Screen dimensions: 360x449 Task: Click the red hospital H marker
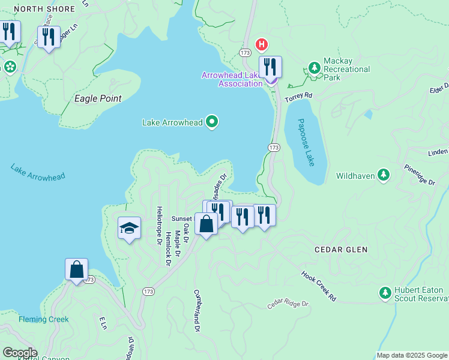click(262, 44)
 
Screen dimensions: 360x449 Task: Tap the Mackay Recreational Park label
click(346, 69)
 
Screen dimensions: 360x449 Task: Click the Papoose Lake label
click(306, 143)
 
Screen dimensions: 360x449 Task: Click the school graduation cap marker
click(129, 228)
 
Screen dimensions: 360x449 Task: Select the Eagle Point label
click(97, 98)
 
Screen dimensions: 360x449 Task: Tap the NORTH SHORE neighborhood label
click(45, 9)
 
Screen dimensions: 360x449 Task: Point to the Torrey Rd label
click(299, 96)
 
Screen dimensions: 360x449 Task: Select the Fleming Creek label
click(43, 319)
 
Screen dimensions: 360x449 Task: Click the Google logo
click(19, 353)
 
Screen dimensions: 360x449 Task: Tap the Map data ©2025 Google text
click(411, 355)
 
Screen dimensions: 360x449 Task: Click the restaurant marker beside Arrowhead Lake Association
click(271, 67)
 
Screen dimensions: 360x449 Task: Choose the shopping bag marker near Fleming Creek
click(77, 269)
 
